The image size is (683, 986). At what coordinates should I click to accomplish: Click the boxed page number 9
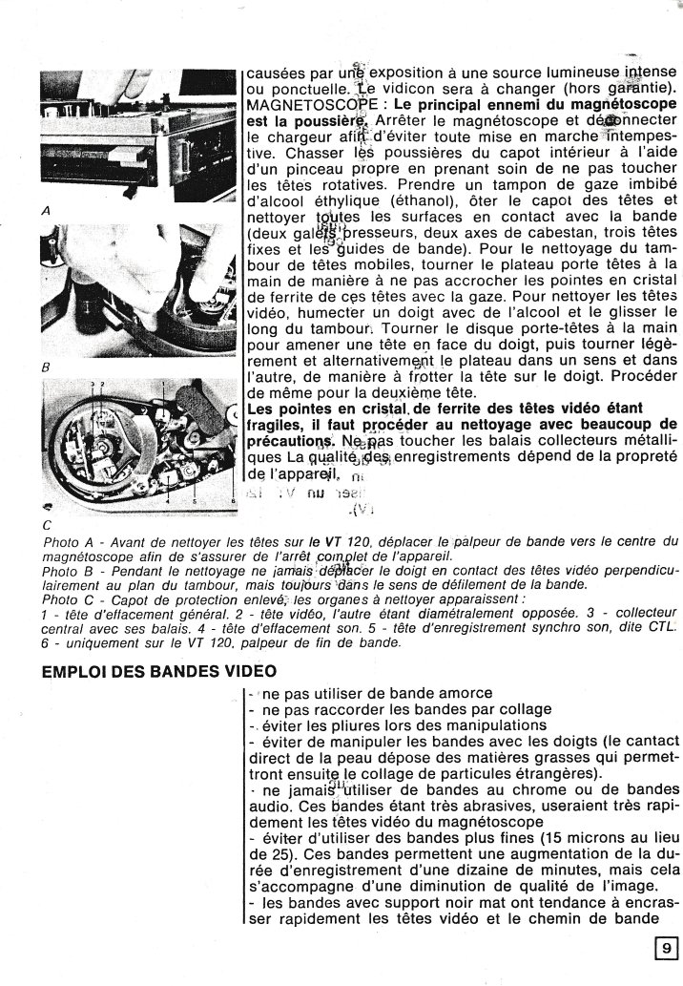coord(665,948)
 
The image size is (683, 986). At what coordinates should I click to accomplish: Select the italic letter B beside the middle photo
coord(47,367)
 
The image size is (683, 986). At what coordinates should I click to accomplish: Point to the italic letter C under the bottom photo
coord(47,524)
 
